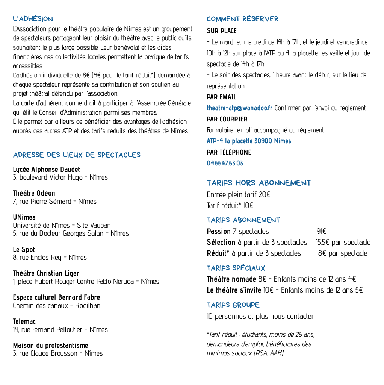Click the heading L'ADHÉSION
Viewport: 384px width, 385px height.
click(33, 19)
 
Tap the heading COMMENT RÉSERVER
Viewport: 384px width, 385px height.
click(242, 19)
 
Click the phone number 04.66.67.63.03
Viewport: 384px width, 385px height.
click(225, 163)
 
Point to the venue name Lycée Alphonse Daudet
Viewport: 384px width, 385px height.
click(46, 170)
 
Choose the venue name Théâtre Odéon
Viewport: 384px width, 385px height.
click(34, 193)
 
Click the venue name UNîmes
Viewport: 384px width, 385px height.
click(24, 217)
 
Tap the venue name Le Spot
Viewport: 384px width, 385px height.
click(24, 250)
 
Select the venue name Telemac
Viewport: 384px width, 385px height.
click(24, 321)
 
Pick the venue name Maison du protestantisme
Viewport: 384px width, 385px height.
click(50, 345)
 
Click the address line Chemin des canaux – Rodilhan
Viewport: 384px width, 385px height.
click(56, 306)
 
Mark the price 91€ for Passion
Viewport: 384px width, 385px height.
click(321, 231)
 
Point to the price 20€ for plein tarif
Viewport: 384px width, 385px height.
click(264, 194)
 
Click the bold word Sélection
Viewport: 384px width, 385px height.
click(221, 243)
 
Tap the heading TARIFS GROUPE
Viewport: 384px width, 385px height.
click(233, 305)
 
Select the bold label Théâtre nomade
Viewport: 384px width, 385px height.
click(231, 279)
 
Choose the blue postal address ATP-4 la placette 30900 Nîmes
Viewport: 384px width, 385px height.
click(249, 141)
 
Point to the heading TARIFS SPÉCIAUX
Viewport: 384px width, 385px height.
click(236, 268)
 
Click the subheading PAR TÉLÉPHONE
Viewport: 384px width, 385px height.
click(229, 152)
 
